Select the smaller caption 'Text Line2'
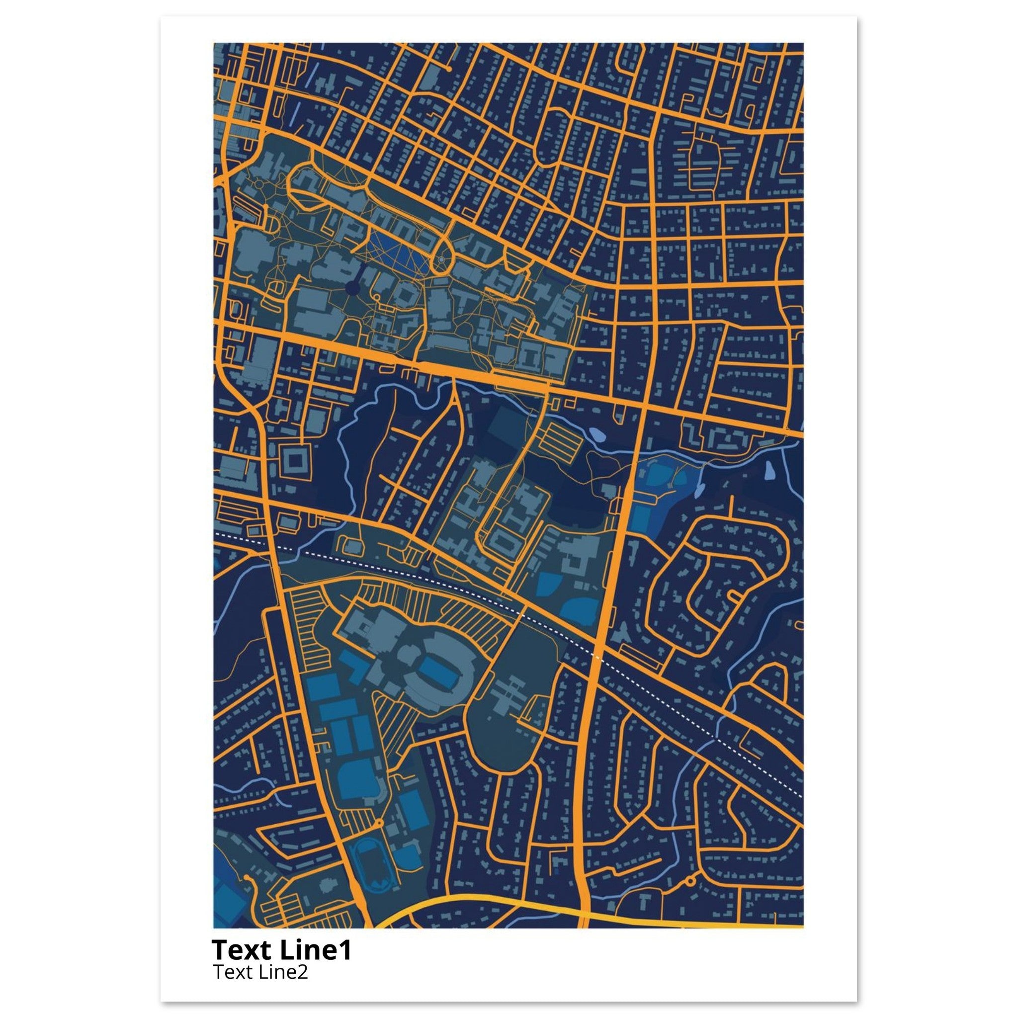260,972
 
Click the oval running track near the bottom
367,866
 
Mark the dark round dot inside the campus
351,288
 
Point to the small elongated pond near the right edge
769,467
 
